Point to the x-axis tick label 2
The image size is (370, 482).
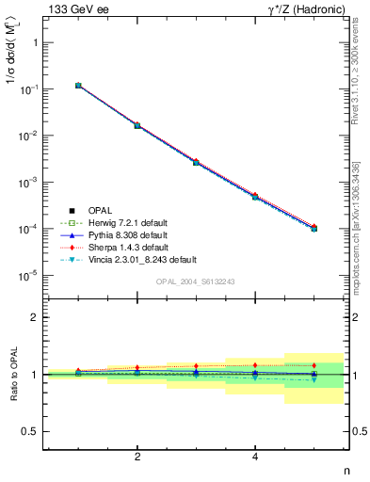[x=137, y=458]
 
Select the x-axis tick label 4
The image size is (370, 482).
[x=255, y=458]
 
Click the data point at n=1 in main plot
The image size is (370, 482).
[x=78, y=86]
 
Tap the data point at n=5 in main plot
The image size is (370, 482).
[x=314, y=229]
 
